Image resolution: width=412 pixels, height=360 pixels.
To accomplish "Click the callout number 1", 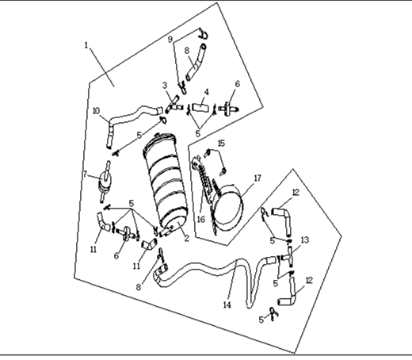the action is (x=86, y=45).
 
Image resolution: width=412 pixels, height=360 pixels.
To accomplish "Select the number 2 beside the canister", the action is (x=187, y=238).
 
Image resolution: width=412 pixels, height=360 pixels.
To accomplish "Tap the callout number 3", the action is (x=165, y=85).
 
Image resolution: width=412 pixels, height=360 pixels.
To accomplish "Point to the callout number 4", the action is (x=207, y=92).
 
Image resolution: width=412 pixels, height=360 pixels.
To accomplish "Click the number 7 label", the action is (x=85, y=174).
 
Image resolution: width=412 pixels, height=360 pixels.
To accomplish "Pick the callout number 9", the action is (x=170, y=39).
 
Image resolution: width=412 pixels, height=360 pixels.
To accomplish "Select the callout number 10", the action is (x=96, y=110).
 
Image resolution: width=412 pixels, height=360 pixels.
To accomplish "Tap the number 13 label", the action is (x=304, y=239).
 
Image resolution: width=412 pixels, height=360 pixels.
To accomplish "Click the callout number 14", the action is (x=227, y=304).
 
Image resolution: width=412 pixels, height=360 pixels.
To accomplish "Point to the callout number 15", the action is (x=221, y=143).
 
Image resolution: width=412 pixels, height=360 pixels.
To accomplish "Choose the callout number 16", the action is (x=201, y=219).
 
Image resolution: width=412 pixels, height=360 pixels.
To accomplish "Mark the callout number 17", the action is (x=257, y=178).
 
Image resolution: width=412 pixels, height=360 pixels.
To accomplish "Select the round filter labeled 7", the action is (x=105, y=182).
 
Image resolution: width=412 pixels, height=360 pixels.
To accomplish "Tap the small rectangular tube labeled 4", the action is (x=200, y=108).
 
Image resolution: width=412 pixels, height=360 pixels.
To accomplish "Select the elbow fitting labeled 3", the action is (x=174, y=104).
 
